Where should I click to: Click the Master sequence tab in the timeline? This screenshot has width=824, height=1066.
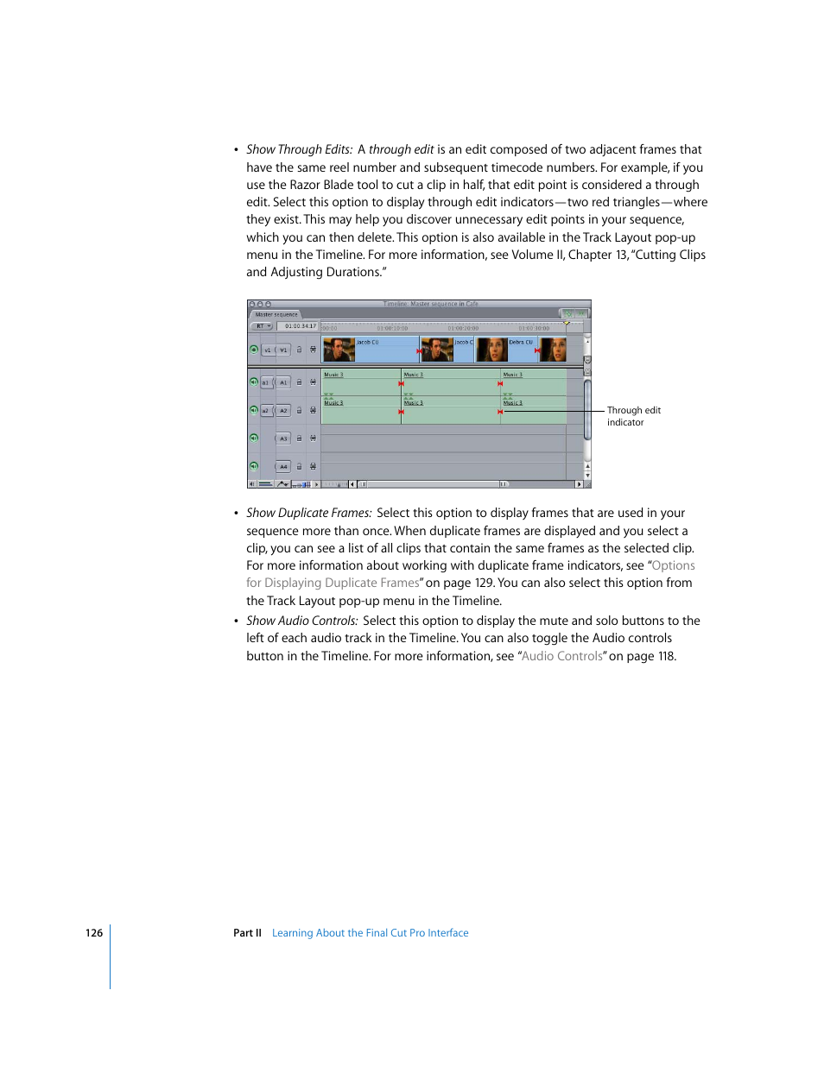coord(276,314)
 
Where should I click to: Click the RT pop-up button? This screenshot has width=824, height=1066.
coord(262,326)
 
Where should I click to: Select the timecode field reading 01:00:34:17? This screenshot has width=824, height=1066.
coord(301,326)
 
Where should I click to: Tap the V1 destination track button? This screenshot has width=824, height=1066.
coord(283,350)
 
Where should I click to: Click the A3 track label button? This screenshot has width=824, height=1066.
coord(283,438)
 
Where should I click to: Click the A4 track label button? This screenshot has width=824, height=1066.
coord(283,467)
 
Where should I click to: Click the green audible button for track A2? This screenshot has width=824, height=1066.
coord(254,410)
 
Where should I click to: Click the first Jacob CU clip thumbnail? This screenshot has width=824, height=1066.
coord(339,350)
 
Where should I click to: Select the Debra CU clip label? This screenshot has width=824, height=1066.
coord(521,343)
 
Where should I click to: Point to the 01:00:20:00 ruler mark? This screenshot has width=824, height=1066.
coord(463,328)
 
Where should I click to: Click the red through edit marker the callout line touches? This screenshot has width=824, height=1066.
coord(500,412)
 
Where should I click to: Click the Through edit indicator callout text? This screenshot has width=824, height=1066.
coord(633,416)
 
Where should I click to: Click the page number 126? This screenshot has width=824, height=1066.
coord(94,933)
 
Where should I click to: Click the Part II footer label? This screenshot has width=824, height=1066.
coord(247,933)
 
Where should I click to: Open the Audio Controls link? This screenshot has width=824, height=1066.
coord(562,656)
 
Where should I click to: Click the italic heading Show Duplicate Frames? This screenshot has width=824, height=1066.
coord(308,513)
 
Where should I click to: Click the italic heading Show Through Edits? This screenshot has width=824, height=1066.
coord(299,149)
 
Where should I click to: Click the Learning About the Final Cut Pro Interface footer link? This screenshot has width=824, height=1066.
coord(370,933)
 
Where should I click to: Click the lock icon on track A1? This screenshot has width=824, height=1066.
coord(300,382)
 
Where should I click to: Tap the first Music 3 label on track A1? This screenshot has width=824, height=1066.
coord(333,375)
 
